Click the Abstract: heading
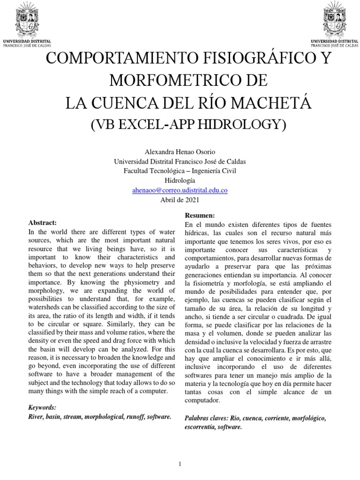tap(43, 222)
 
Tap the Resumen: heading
tap(200, 216)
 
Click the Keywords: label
tap(42, 408)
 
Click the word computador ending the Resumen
tap(203, 401)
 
